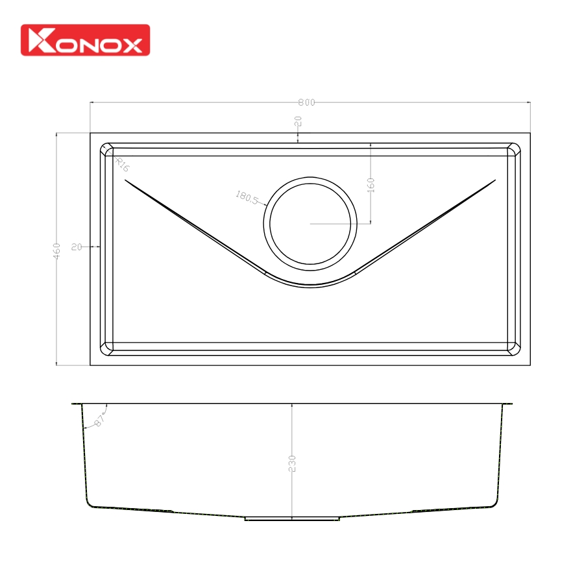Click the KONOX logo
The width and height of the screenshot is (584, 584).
(85, 40)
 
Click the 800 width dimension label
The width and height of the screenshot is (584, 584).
(306, 103)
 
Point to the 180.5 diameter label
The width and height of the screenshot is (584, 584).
(247, 196)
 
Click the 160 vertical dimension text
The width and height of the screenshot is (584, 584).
(371, 186)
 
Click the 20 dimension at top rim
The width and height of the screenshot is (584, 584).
(298, 122)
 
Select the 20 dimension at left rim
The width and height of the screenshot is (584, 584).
(77, 247)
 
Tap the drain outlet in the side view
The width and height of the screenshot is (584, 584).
(292, 518)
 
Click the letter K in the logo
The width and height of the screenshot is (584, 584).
(40, 41)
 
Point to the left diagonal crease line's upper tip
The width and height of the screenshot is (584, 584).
(125, 182)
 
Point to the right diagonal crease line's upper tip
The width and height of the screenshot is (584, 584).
(496, 180)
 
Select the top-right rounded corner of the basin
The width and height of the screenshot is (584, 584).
(514, 150)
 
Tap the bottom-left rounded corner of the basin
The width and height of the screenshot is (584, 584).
(107, 348)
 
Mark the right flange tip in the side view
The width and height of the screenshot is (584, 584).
(511, 403)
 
